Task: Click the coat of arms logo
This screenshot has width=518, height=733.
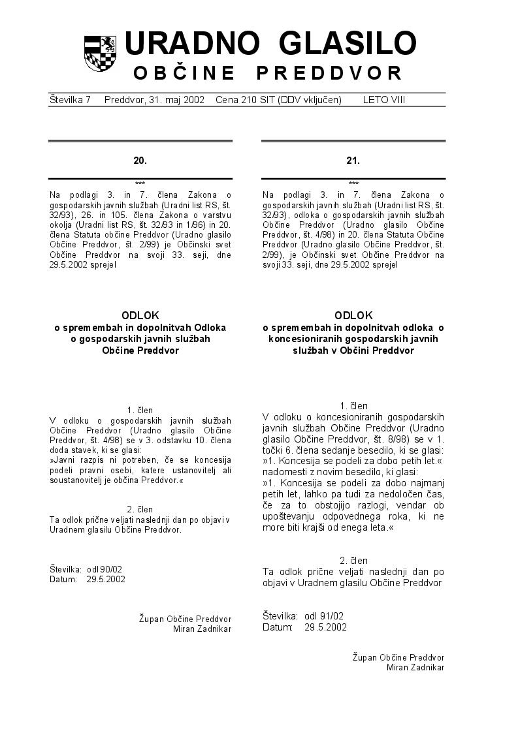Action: pyautogui.click(x=100, y=54)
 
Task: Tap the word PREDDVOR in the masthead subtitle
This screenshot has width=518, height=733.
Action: pyautogui.click(x=329, y=73)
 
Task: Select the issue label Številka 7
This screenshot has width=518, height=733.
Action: pyautogui.click(x=70, y=100)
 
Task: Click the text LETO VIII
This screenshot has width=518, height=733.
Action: pyautogui.click(x=384, y=100)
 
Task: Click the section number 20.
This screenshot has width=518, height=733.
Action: pyautogui.click(x=140, y=160)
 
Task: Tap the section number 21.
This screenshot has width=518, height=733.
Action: pyautogui.click(x=353, y=160)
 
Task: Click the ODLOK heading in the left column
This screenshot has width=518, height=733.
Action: pyautogui.click(x=140, y=315)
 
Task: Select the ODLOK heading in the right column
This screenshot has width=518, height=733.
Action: pyautogui.click(x=353, y=315)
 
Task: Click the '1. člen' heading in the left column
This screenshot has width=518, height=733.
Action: pyautogui.click(x=140, y=410)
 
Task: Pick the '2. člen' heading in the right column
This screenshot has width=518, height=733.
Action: pyautogui.click(x=353, y=560)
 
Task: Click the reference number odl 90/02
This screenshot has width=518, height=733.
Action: pyautogui.click(x=104, y=569)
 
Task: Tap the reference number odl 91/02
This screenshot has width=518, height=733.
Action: pyautogui.click(x=324, y=616)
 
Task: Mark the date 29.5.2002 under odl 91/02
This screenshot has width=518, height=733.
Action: pyautogui.click(x=325, y=627)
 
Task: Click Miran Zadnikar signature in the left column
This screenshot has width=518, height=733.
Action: pyautogui.click(x=202, y=629)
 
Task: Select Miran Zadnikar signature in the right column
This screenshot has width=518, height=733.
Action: pyautogui.click(x=415, y=667)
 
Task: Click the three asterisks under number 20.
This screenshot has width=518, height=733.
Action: pyautogui.click(x=140, y=183)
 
